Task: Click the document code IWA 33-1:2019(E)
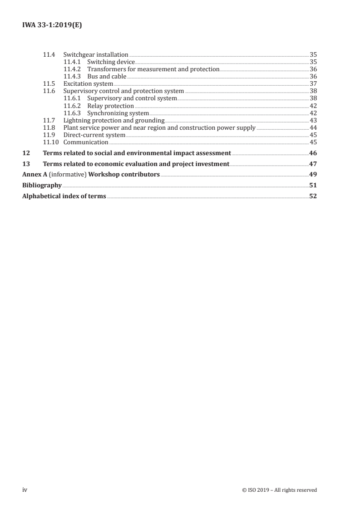pyautogui.click(x=52, y=26)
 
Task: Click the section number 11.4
pyautogui.click(x=49, y=54)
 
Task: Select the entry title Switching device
pyautogui.click(x=111, y=62)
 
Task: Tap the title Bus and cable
pyautogui.click(x=107, y=77)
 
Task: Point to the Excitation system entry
pyautogui.click(x=88, y=84)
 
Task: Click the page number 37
pyautogui.click(x=313, y=84)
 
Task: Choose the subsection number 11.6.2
pyautogui.click(x=72, y=106)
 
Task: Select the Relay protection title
pyautogui.click(x=110, y=106)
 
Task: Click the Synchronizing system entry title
pyautogui.click(x=118, y=113)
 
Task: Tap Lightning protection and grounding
pyautogui.click(x=113, y=120)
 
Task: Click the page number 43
pyautogui.click(x=313, y=120)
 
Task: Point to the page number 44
pyautogui.click(x=313, y=127)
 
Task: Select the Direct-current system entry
pyautogui.click(x=94, y=135)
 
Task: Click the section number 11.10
pyautogui.click(x=50, y=142)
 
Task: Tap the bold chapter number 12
pyautogui.click(x=26, y=153)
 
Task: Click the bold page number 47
pyautogui.click(x=313, y=164)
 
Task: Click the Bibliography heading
pyautogui.click(x=42, y=186)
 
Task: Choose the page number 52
pyautogui.click(x=313, y=196)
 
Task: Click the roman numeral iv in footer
pyautogui.click(x=25, y=490)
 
